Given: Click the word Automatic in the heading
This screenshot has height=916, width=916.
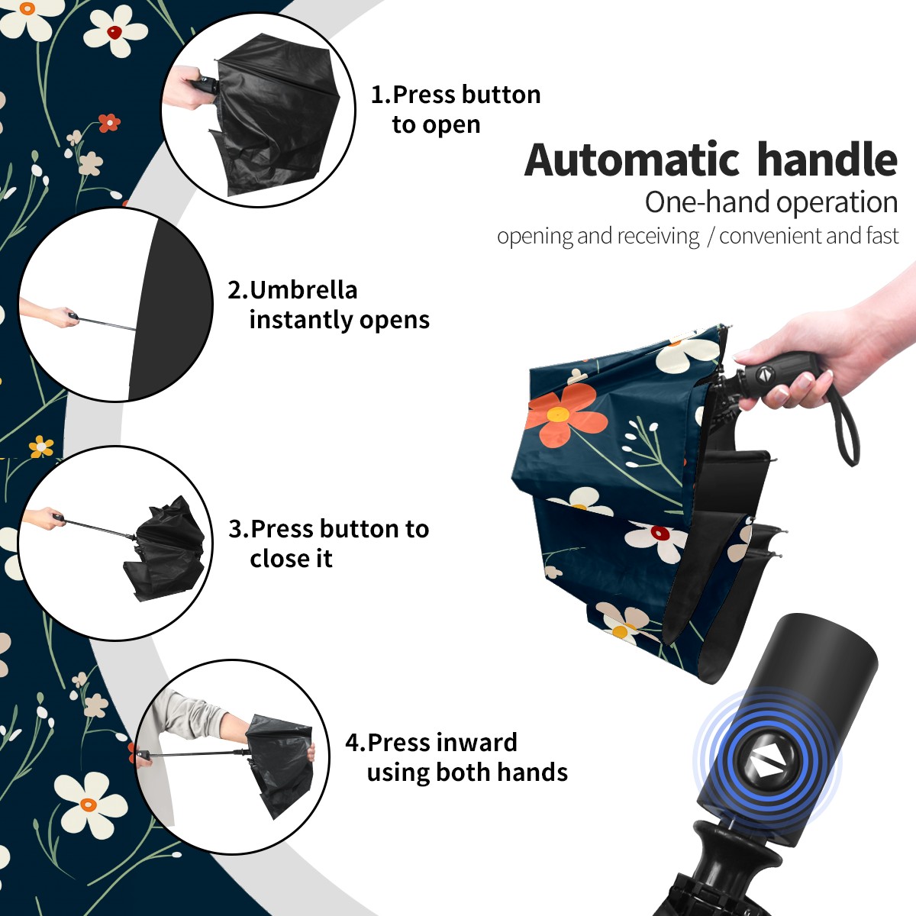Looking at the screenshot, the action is [x=632, y=160].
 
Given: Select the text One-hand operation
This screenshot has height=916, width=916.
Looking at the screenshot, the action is [x=771, y=202].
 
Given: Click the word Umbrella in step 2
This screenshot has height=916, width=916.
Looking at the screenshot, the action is [x=303, y=290].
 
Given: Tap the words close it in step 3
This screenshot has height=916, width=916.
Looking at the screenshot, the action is [x=291, y=558].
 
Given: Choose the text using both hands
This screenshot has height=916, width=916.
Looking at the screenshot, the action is [x=467, y=772].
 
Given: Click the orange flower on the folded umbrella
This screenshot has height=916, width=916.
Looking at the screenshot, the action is [x=561, y=413].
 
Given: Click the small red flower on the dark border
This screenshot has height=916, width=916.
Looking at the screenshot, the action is [x=109, y=123].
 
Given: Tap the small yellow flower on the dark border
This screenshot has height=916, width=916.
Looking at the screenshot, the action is [x=41, y=447].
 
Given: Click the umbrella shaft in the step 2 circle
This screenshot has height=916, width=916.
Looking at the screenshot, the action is [x=107, y=323].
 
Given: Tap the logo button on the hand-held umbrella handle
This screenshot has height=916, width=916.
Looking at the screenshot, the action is [x=764, y=375].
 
